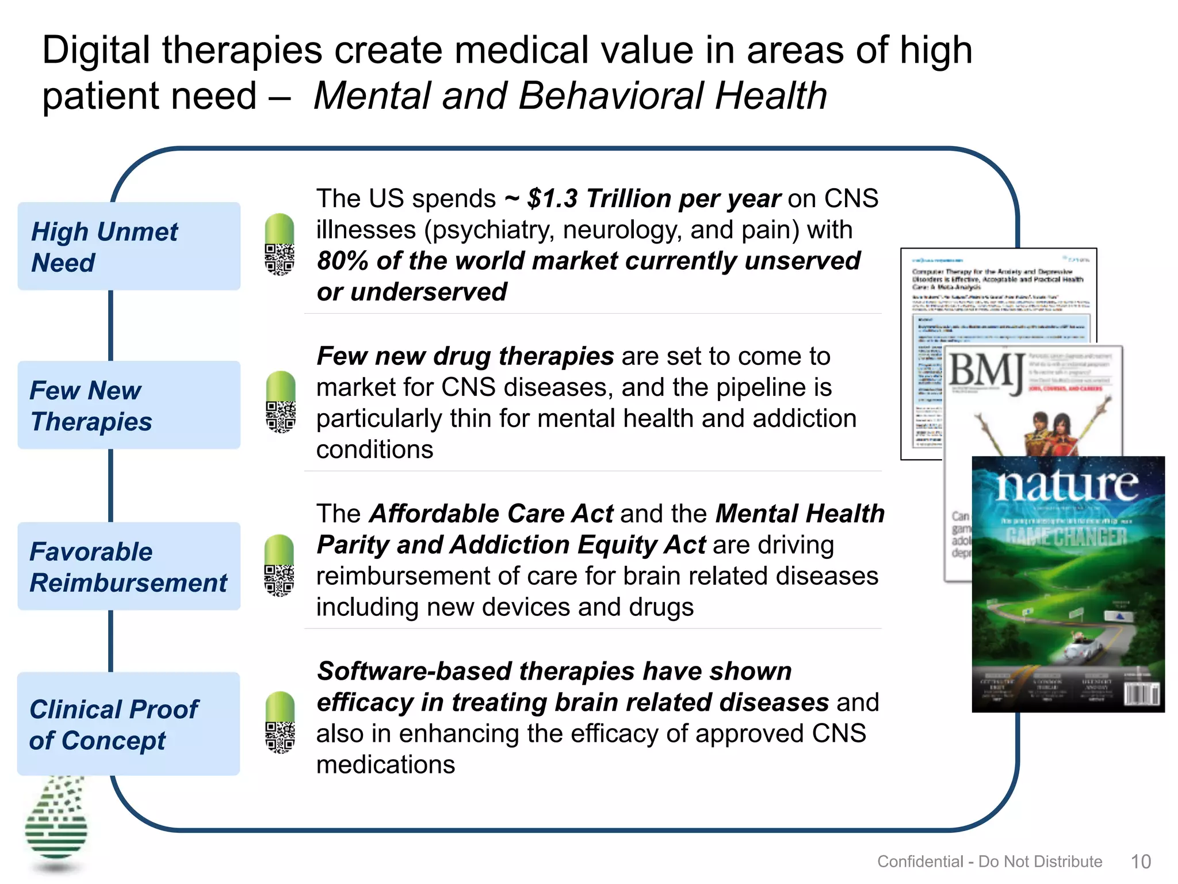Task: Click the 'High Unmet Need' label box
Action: click(129, 246)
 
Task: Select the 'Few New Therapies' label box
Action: click(129, 405)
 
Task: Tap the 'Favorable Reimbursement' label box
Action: click(129, 566)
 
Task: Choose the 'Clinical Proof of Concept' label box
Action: click(129, 724)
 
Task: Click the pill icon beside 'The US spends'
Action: click(279, 245)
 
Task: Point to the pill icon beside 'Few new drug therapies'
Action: click(280, 402)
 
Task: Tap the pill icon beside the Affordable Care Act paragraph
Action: click(279, 565)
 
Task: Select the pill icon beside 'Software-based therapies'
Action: click(280, 722)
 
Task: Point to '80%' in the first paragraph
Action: click(342, 261)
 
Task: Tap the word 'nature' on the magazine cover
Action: click(1067, 485)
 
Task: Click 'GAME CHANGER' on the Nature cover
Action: click(1066, 537)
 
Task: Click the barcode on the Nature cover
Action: click(1141, 694)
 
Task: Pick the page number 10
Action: click(1141, 862)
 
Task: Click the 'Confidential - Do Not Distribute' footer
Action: click(989, 862)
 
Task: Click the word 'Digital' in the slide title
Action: click(95, 51)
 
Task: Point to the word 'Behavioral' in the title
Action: click(611, 96)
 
